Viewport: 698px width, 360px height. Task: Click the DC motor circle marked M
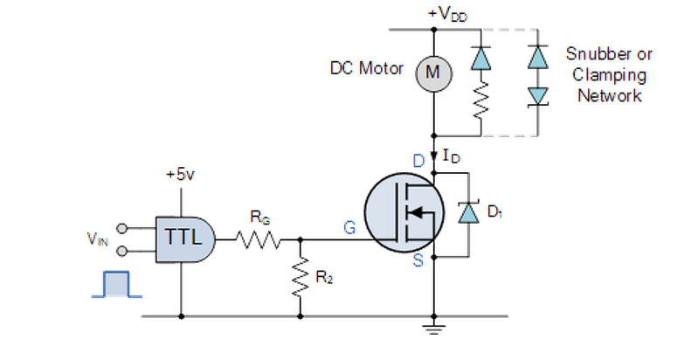[433, 73]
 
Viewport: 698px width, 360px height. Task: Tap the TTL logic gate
[185, 239]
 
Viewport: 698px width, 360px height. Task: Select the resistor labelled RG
[258, 239]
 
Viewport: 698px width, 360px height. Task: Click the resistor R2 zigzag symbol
[300, 277]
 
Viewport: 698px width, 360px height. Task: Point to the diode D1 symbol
[469, 213]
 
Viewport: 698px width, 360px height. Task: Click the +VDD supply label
[447, 15]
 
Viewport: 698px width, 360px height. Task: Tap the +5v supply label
[180, 174]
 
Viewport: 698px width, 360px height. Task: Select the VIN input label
[98, 239]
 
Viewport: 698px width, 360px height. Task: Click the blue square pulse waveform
[117, 284]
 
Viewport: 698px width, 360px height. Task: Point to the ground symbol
[433, 329]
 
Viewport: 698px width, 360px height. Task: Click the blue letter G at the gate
[349, 228]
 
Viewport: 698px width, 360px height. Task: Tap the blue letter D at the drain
[419, 161]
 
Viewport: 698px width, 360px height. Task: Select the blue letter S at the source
[418, 260]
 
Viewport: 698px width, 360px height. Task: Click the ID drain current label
[451, 156]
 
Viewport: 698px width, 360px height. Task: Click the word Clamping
[609, 75]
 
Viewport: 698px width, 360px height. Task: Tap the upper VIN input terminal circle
[121, 229]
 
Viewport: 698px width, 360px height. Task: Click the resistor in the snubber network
[481, 100]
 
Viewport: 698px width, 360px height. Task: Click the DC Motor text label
[366, 68]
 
